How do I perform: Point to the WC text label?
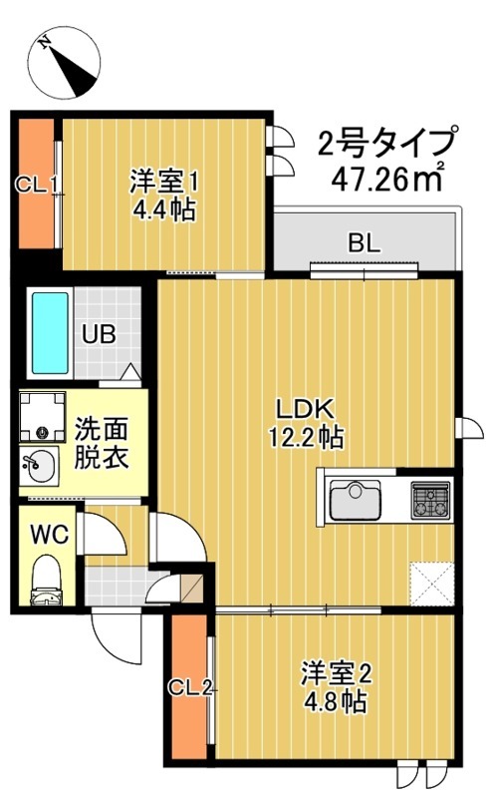(x=48, y=535)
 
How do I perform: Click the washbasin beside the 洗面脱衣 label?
(x=41, y=465)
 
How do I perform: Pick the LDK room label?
(x=295, y=408)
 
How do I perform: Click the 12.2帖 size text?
(x=296, y=436)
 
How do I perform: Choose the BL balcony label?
(x=362, y=241)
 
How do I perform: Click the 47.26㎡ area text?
(x=388, y=180)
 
